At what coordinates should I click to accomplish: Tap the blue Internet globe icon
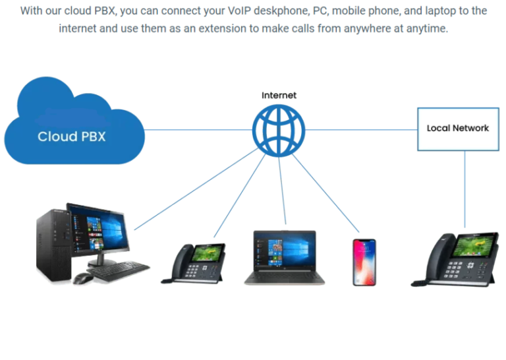pos(279,129)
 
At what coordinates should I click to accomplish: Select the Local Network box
pos(457,128)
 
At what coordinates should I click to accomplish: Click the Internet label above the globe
pos(279,96)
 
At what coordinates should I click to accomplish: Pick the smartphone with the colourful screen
pos(364,262)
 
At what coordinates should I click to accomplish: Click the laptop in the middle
pos(280,257)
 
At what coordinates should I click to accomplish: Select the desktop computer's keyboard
pos(119,269)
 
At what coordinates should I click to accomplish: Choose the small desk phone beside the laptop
pos(194,264)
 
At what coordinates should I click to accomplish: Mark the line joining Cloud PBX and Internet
pos(198,129)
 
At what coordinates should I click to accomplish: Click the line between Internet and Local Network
pos(362,129)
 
